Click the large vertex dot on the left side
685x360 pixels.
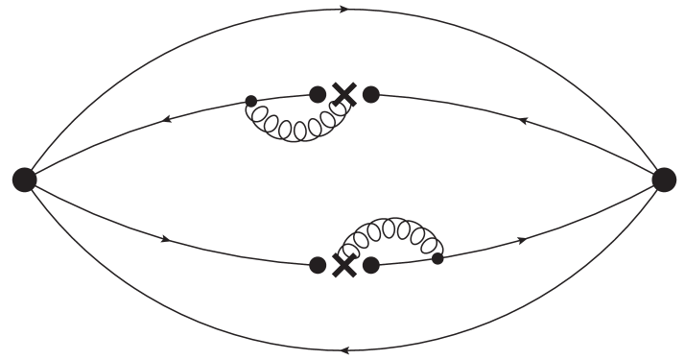25,179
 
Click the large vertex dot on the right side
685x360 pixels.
664,179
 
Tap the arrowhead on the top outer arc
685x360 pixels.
343,10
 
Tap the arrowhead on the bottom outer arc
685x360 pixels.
343,349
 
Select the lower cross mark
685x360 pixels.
343,265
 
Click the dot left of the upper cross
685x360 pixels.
318,94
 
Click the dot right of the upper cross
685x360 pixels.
371,94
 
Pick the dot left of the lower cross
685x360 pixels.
318,265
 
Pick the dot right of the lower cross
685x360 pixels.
371,264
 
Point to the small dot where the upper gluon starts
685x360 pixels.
251,100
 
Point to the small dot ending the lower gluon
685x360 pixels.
437,258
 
